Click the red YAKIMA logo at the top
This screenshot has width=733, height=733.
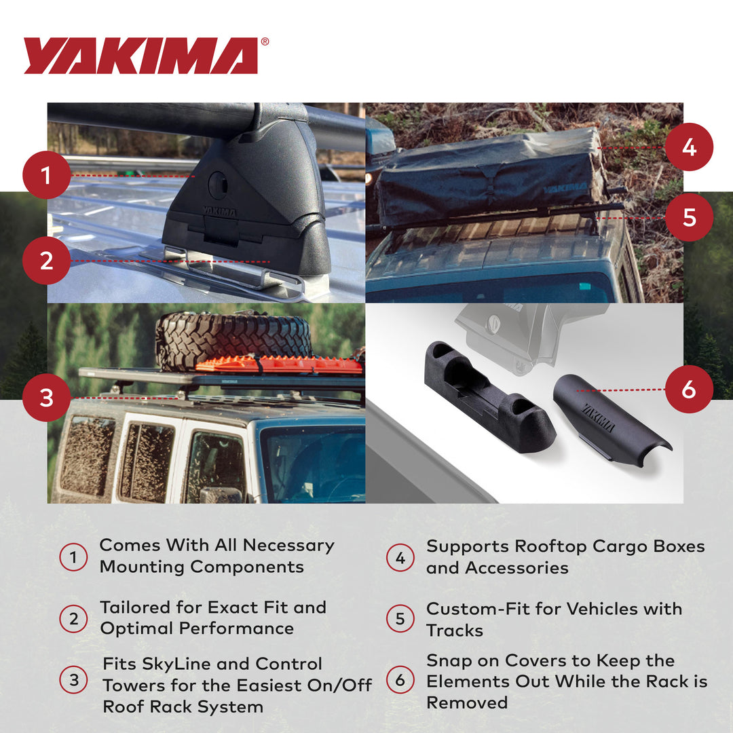coord(140,56)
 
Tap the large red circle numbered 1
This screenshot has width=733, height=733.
coord(46,175)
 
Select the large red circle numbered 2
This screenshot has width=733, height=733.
coord(46,261)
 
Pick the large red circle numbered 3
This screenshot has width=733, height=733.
coord(46,397)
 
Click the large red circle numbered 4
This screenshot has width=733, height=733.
coord(689,147)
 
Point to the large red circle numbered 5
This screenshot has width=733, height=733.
coord(689,217)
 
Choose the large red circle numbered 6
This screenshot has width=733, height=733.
coord(689,389)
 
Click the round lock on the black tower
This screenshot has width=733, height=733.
coord(218,185)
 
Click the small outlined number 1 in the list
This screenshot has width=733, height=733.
coord(73,557)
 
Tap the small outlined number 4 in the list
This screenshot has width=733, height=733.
coord(400,557)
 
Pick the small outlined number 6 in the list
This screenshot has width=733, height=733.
coord(400,679)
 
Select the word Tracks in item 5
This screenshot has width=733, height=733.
coord(455,631)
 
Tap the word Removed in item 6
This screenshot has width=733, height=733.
coord(467,702)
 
